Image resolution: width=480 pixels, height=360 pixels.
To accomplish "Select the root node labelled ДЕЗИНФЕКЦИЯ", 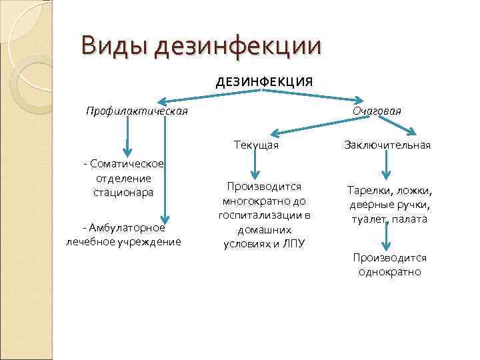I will [264, 82].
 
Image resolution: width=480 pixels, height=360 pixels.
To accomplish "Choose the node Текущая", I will [256, 145].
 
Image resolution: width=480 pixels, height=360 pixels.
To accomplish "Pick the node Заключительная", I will [387, 145].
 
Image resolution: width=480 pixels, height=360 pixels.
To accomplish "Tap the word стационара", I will [124, 193].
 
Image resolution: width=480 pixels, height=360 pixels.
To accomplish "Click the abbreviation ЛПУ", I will [294, 244].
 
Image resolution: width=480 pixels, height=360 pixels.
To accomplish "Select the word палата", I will [411, 219].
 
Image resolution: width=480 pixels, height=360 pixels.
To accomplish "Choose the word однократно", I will [390, 272].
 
